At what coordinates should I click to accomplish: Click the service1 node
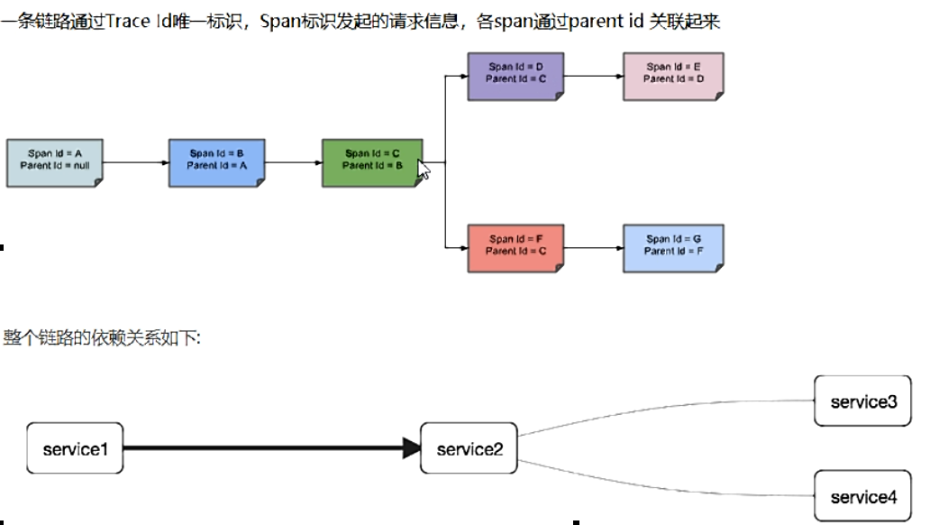[75, 447]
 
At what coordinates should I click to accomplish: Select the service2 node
[469, 448]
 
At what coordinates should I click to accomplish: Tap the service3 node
[862, 401]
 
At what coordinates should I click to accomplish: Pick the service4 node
[862, 496]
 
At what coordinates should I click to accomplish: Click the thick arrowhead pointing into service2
[412, 447]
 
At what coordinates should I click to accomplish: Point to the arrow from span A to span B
[136, 163]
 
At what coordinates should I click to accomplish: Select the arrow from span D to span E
[593, 76]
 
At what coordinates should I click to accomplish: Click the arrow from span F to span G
[593, 248]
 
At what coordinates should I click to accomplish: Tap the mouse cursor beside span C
[423, 170]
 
